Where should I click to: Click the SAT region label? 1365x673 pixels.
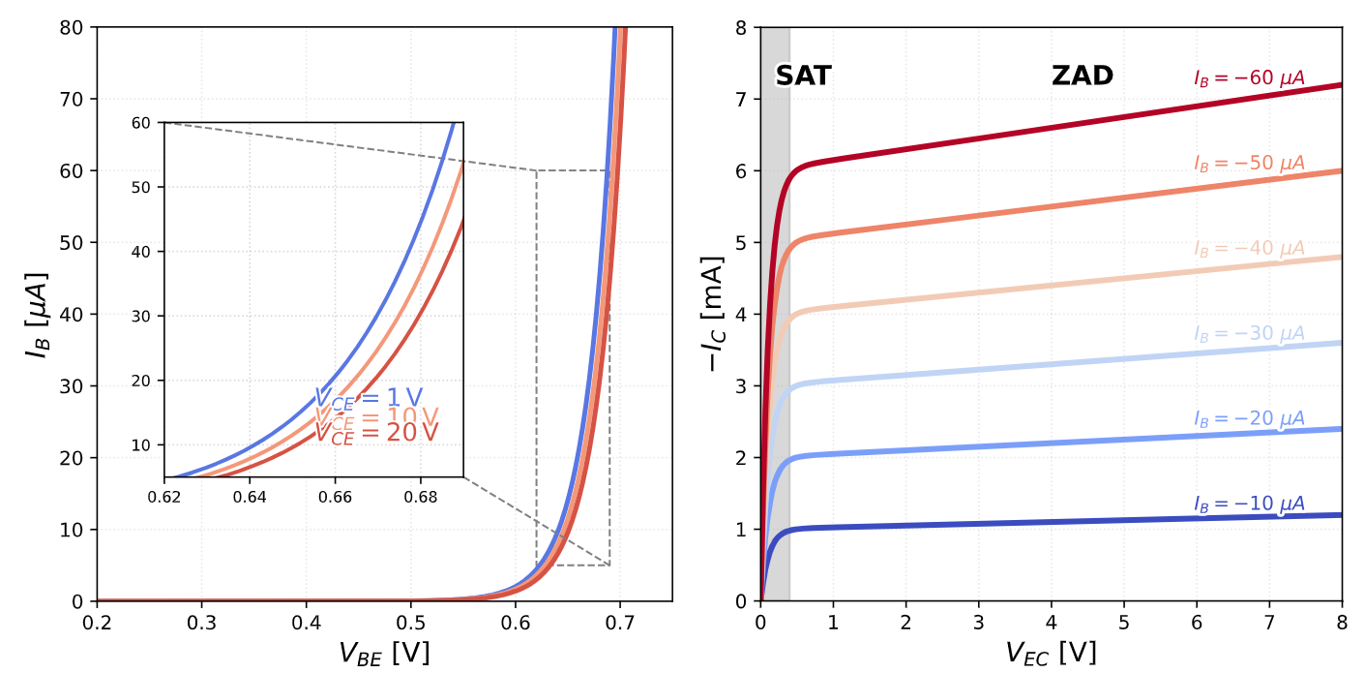coord(803,76)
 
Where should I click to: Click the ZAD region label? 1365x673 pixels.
coord(1082,76)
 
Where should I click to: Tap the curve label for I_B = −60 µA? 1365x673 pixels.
coord(1249,78)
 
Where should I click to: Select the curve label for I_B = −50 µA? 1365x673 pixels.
coord(1249,163)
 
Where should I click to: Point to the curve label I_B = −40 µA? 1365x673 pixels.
coord(1249,248)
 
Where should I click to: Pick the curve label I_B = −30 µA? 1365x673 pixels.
coord(1249,333)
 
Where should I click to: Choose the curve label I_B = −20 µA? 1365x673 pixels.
coord(1249,418)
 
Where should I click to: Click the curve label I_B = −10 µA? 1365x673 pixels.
coord(1249,504)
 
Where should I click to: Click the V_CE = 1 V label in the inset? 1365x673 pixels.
coord(369,397)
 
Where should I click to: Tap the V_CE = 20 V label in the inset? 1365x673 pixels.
coord(376,433)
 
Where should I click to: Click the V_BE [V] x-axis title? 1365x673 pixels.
coord(384,654)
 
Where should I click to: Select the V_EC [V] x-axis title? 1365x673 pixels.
coord(1051,654)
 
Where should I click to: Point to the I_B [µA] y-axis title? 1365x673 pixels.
coord(37,314)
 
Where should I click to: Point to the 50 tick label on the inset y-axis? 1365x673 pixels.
coord(143,187)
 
